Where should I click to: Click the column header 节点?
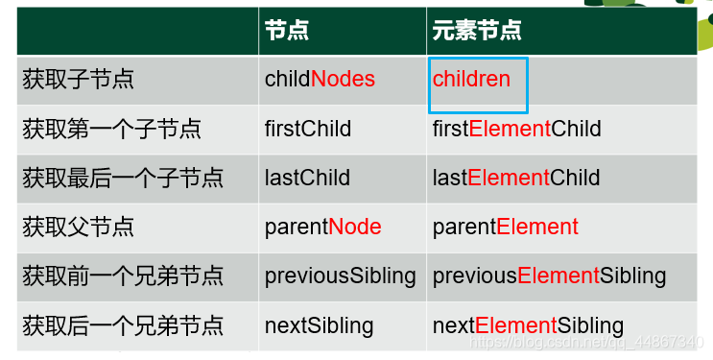(287, 31)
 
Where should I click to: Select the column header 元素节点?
(477, 31)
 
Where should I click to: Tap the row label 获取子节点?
(78, 80)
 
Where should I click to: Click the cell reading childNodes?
(320, 80)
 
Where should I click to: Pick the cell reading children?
(471, 80)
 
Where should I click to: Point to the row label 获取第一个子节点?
(111, 129)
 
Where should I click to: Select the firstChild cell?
(308, 129)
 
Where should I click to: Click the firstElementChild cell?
(516, 129)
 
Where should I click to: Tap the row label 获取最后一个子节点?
(123, 178)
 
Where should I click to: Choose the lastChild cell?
(307, 178)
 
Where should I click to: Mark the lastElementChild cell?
(515, 178)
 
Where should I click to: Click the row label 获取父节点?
(78, 228)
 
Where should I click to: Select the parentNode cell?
(322, 228)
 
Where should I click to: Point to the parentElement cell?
(505, 228)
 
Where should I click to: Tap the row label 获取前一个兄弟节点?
(123, 276)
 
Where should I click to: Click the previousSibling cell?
(340, 276)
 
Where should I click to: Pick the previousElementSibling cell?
(549, 276)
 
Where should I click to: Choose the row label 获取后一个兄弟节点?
(123, 325)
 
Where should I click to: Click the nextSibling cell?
(319, 325)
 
